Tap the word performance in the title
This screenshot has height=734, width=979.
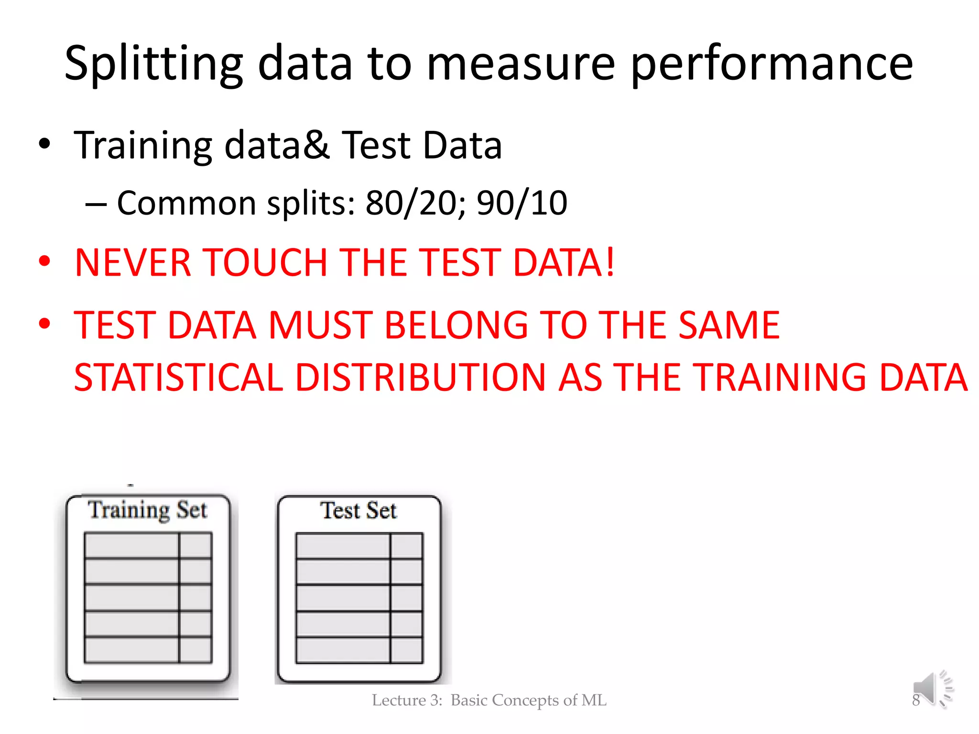(x=772, y=64)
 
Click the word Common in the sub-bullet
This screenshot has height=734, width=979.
(x=186, y=203)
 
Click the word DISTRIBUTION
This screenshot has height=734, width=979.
(x=420, y=378)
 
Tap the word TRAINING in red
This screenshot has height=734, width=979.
(x=779, y=378)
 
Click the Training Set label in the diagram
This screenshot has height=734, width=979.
(x=148, y=510)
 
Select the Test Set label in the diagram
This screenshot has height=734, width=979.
(x=359, y=510)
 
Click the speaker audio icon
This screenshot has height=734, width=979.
(x=933, y=688)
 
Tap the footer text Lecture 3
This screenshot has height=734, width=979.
(x=407, y=700)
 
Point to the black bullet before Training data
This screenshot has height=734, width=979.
(x=44, y=144)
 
